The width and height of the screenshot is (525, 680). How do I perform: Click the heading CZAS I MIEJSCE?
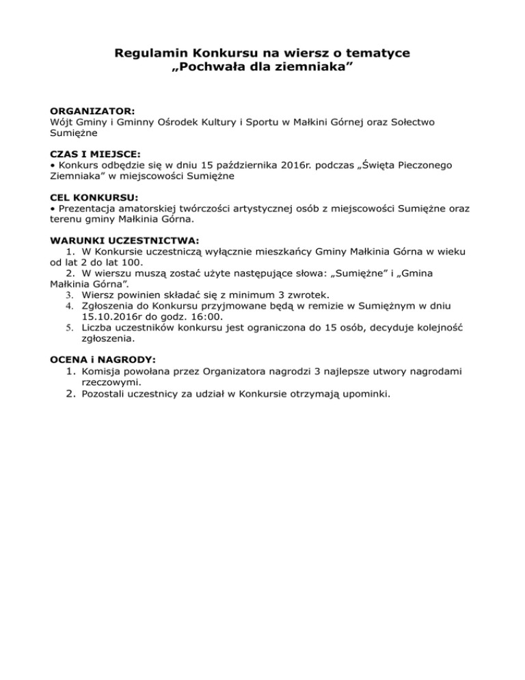(x=95, y=154)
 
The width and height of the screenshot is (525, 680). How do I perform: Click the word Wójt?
(x=62, y=121)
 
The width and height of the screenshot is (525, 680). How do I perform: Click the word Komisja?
(x=103, y=371)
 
